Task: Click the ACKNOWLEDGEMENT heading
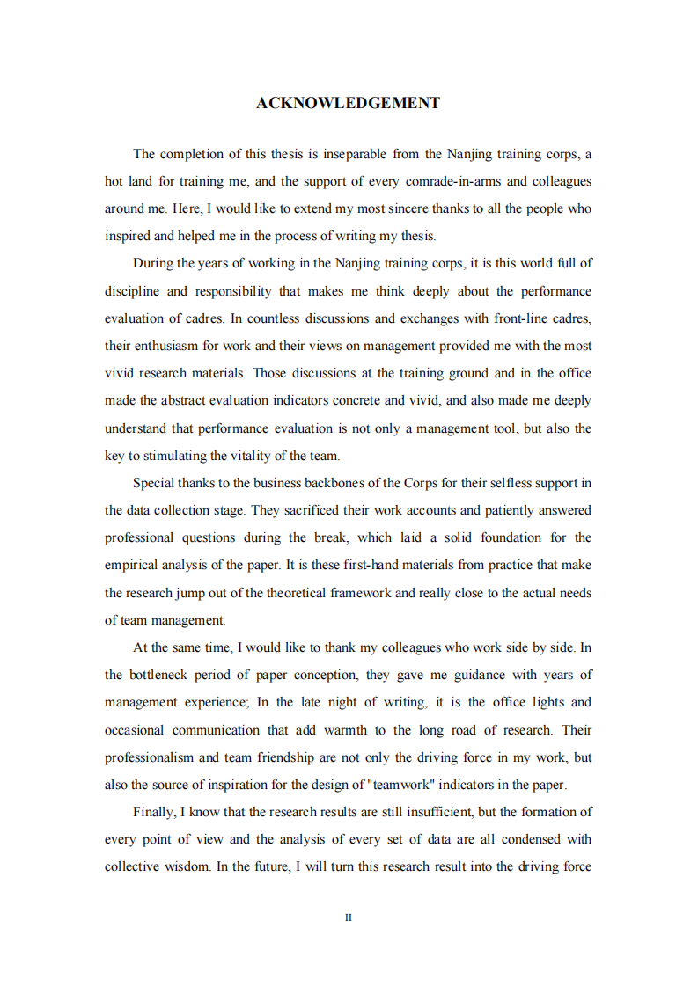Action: [348, 104]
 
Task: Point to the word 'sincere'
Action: [424, 208]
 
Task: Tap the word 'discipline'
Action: [132, 291]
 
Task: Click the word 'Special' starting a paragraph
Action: [153, 483]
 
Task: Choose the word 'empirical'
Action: [131, 565]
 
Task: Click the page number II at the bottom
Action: [349, 918]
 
